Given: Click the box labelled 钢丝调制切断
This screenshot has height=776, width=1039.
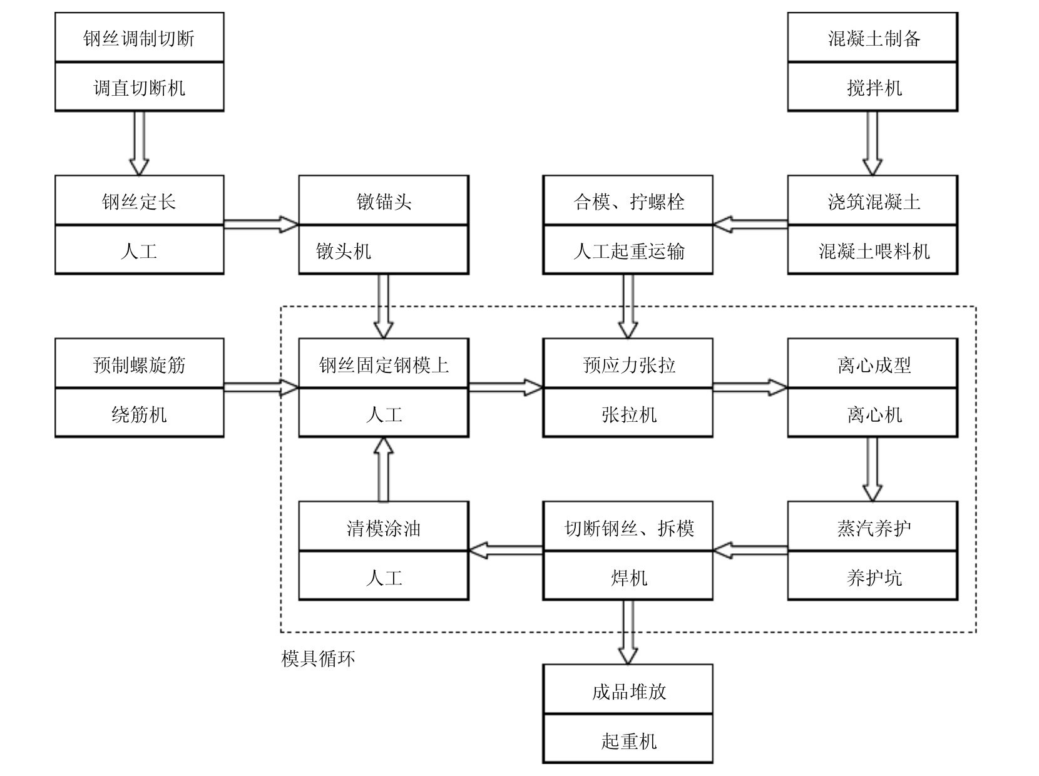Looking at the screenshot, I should pos(139,38).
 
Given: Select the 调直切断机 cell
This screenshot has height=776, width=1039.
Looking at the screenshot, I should pos(139,87).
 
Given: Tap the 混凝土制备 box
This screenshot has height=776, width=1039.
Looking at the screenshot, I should pos(873,38).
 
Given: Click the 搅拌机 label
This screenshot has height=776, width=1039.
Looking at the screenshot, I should pos(874,88).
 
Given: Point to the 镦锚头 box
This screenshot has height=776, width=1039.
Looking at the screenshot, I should pos(384,202).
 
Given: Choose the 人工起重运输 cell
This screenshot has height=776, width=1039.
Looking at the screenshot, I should pos(628,251).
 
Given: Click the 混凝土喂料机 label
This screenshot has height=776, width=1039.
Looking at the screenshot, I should pos(874,252).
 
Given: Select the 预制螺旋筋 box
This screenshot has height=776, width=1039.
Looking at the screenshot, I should pos(139,364).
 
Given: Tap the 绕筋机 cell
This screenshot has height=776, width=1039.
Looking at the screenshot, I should pos(139,414).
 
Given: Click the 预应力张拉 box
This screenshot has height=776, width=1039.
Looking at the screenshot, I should pos(628,364).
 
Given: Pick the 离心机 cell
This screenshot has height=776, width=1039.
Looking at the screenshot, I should pos(874,414).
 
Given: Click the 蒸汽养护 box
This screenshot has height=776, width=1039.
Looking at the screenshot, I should pos(873,528).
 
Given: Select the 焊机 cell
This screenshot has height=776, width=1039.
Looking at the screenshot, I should pos(628,577).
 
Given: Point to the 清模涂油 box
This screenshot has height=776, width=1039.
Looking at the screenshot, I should pos(384,528).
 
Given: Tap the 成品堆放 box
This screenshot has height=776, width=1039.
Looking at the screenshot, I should pos(628,690).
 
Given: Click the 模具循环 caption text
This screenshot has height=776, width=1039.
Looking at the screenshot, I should pos(318,658).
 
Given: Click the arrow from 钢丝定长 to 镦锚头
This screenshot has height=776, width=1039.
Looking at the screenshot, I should pos(261,225).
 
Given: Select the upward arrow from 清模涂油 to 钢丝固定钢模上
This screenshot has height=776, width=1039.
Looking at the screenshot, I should pos(383,469).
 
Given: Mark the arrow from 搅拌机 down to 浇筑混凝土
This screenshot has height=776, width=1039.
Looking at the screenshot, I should pos(872,143).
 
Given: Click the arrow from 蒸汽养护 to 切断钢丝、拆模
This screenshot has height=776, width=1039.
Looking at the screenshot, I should pos(750,551).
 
